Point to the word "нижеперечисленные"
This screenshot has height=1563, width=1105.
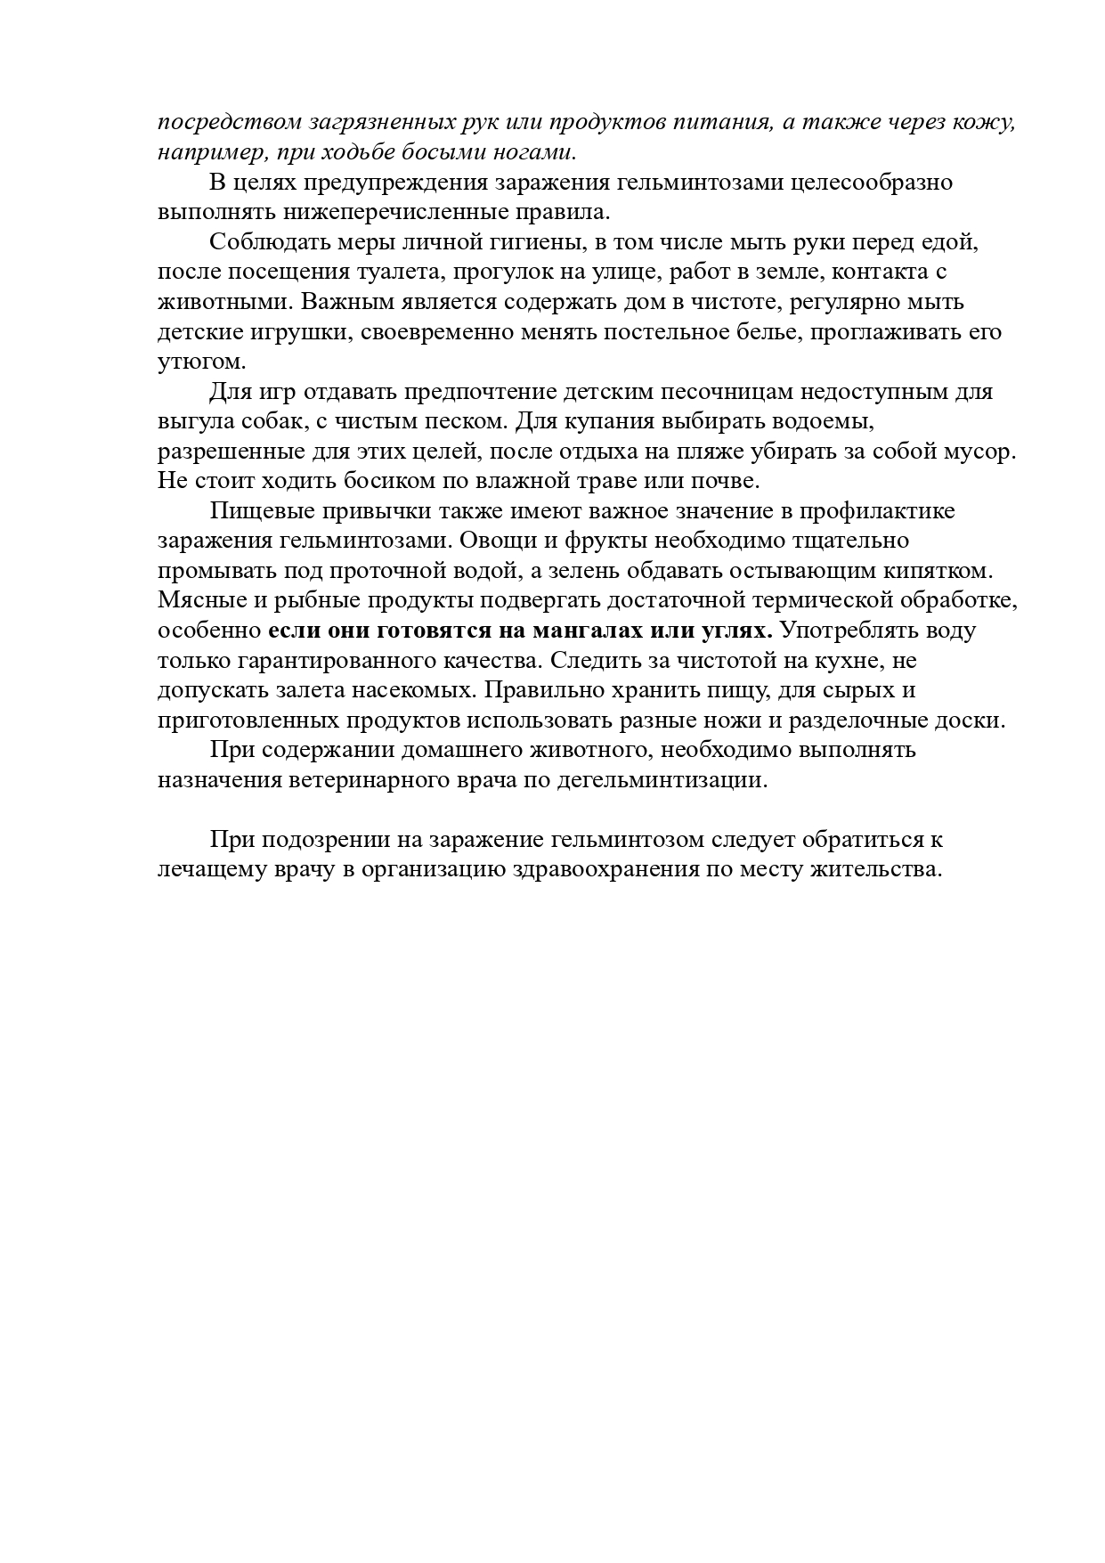[369, 213]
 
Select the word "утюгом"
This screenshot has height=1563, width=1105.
[199, 362]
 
